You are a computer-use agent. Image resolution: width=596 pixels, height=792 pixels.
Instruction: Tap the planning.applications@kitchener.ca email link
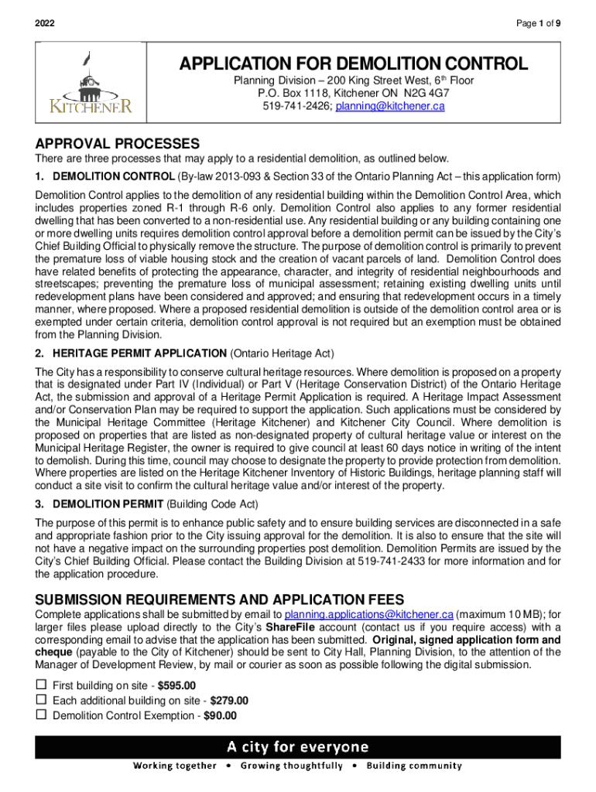(363, 614)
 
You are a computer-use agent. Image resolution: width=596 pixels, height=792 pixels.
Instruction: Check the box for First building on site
(42, 685)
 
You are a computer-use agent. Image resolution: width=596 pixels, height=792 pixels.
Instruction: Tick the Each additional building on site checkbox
(42, 701)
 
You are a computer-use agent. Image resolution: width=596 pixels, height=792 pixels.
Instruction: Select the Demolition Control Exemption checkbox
(42, 715)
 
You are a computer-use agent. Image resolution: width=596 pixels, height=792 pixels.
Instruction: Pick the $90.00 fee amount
(220, 716)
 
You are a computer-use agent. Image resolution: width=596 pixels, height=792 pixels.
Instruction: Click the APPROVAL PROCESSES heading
(118, 144)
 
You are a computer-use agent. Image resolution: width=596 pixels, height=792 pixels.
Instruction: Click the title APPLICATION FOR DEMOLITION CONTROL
(354, 63)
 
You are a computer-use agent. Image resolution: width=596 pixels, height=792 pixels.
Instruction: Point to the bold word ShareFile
(290, 627)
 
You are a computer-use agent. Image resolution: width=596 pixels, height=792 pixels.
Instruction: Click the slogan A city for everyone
(298, 747)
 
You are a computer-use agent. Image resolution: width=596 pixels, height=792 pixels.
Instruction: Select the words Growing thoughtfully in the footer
(291, 766)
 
